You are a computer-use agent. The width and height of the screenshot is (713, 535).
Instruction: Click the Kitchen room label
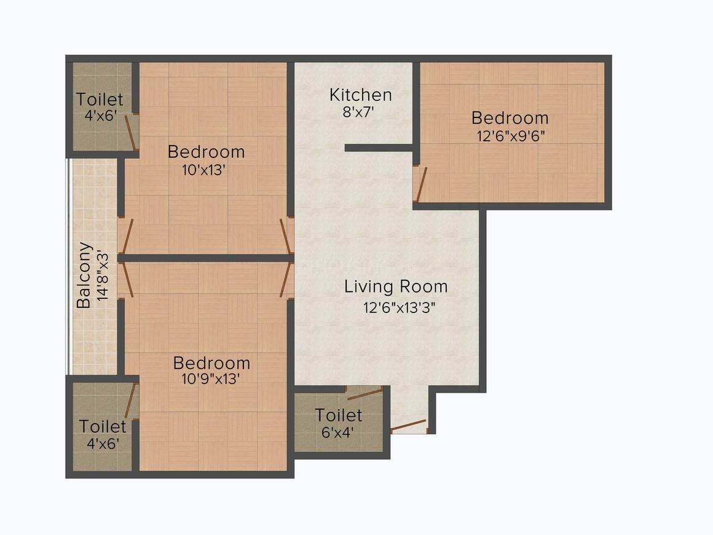[360, 95]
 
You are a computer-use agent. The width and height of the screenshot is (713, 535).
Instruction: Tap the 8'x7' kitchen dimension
[358, 112]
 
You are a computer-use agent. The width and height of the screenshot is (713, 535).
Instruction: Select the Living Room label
[396, 287]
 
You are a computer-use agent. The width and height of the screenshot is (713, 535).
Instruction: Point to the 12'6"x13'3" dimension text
[400, 307]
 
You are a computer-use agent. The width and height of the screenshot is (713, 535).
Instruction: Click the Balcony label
[84, 275]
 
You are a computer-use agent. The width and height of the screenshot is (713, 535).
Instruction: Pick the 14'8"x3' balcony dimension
[103, 275]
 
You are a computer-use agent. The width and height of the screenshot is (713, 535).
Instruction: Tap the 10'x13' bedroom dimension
[204, 170]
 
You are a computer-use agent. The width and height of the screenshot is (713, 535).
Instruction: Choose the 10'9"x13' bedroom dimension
[211, 379]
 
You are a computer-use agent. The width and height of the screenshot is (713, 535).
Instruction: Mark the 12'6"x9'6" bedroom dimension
[511, 135]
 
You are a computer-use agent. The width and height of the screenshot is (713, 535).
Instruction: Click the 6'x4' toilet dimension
[337, 432]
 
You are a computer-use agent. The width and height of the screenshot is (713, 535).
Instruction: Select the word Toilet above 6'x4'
[338, 415]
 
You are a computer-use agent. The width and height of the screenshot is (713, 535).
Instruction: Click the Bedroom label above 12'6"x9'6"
[510, 118]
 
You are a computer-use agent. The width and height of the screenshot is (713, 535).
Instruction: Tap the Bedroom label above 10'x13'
[206, 151]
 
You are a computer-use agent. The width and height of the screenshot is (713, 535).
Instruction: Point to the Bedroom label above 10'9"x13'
[211, 363]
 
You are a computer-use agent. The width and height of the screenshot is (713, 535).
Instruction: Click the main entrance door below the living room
[408, 426]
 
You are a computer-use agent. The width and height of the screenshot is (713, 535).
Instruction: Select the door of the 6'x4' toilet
[364, 394]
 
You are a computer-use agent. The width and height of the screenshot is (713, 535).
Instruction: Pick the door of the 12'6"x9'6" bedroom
[420, 184]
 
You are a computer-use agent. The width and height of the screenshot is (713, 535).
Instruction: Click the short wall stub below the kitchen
[379, 148]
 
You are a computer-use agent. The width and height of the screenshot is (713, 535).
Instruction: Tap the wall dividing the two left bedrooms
[205, 258]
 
